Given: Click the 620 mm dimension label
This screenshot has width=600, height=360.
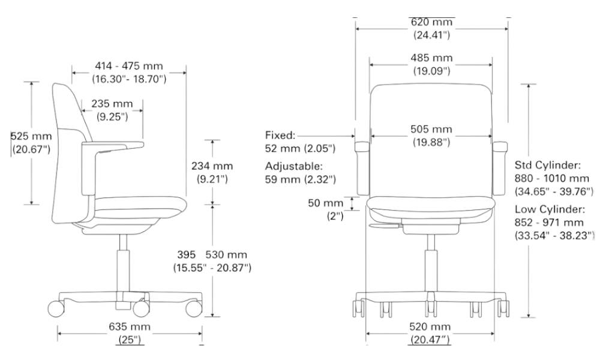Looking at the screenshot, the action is pyautogui.click(x=431, y=22).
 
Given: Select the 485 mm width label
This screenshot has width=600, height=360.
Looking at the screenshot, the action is pyautogui.click(x=431, y=58).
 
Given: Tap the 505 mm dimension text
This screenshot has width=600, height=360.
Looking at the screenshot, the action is pyautogui.click(x=431, y=130).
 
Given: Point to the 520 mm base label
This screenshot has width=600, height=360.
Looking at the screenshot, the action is pyautogui.click(x=430, y=327).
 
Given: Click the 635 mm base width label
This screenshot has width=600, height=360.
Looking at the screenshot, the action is pyautogui.click(x=130, y=327).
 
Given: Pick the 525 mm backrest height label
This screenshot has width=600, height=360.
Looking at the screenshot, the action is pyautogui.click(x=31, y=136).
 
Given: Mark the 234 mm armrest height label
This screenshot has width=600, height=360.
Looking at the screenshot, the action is pyautogui.click(x=212, y=166).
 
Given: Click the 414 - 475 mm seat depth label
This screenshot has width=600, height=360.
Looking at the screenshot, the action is pyautogui.click(x=129, y=66).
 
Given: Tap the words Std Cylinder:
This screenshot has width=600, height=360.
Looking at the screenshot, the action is pyautogui.click(x=548, y=165).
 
